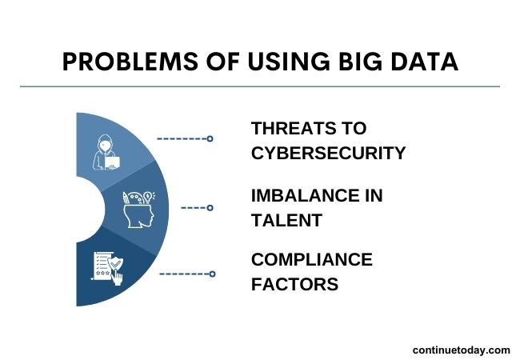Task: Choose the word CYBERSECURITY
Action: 328,153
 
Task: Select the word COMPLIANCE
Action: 312,260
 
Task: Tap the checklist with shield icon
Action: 108,267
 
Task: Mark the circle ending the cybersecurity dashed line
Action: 210,138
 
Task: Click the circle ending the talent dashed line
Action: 210,208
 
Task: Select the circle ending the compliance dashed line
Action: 212,274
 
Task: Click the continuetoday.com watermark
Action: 461,350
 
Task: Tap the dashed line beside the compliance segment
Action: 184,274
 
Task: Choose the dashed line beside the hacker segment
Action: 182,138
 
